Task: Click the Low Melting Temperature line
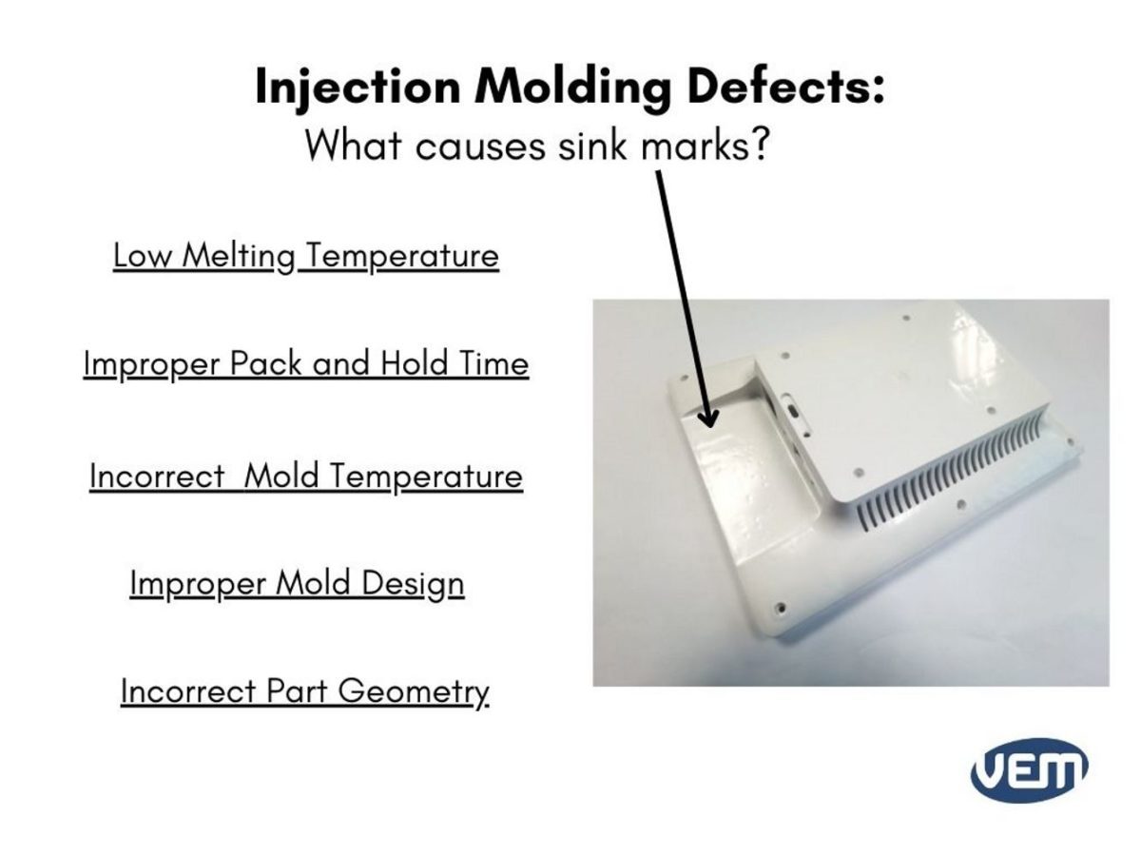click(305, 256)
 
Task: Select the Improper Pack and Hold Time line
click(305, 364)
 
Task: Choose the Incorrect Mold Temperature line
click(305, 475)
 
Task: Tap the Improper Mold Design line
click(297, 583)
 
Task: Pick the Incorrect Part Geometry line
click(304, 691)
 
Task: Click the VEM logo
click(1030, 769)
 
